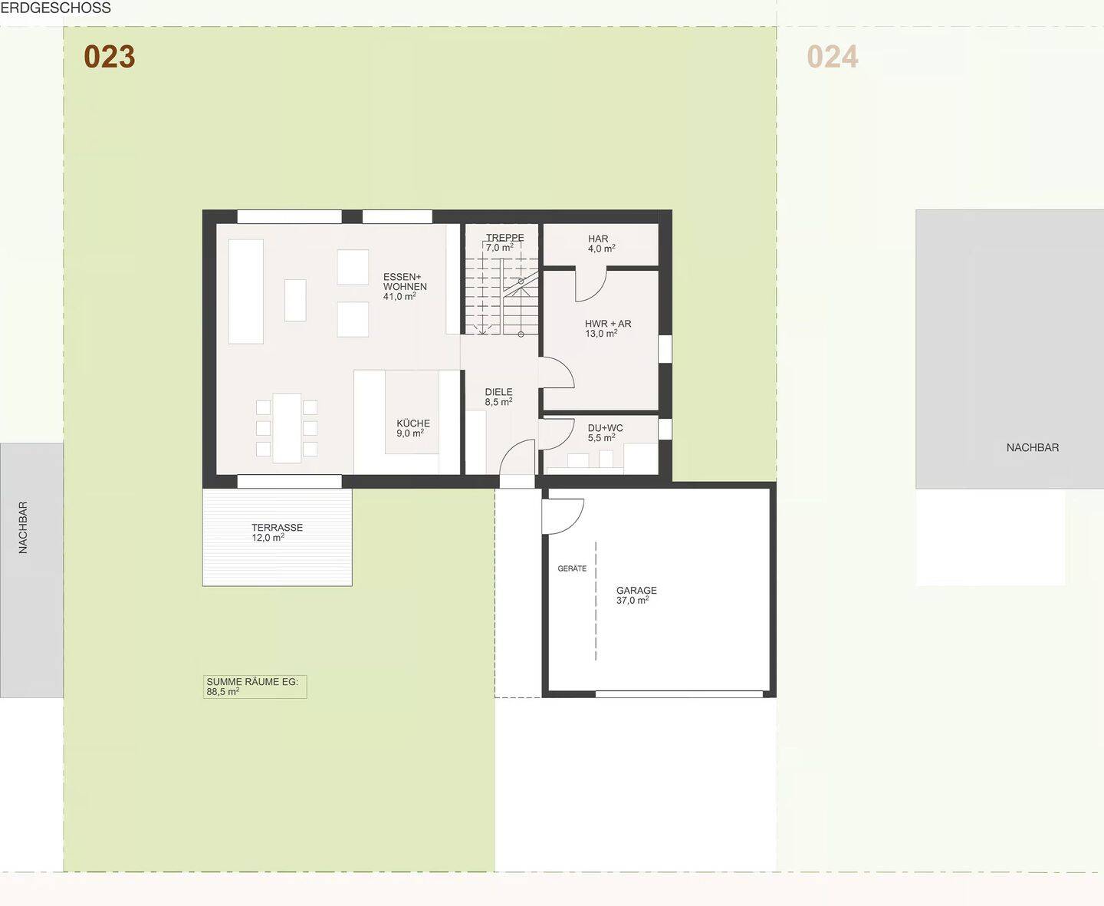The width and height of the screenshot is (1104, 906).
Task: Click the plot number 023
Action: [x=110, y=57]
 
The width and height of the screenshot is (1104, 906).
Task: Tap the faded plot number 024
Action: [x=833, y=57]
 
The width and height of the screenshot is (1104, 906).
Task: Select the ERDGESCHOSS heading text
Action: [x=55, y=8]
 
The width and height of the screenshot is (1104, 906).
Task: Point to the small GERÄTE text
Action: [x=572, y=568]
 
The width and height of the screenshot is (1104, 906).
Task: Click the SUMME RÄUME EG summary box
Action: [x=255, y=687]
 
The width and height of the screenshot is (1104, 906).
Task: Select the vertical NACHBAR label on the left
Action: [x=23, y=527]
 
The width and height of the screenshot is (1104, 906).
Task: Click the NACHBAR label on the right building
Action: [x=1032, y=447]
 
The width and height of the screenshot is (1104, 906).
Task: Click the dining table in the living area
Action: [x=287, y=428]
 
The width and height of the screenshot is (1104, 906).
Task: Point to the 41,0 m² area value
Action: [x=399, y=296]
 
